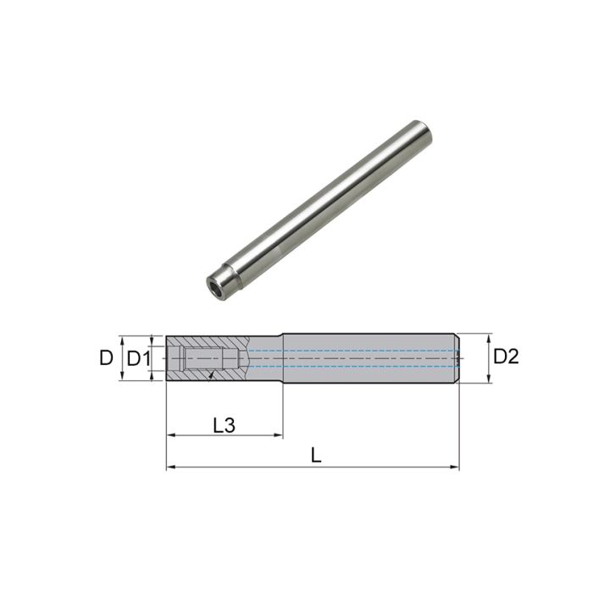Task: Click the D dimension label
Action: [106, 358]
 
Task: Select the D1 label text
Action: [138, 358]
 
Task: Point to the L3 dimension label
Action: [224, 425]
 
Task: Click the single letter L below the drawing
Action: [316, 456]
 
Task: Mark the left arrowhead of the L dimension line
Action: [169, 467]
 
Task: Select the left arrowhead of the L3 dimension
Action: [169, 436]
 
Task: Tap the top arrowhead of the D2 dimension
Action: [490, 336]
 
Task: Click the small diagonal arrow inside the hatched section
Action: [209, 374]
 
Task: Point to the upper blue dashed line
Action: [356, 350]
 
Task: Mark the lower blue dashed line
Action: [356, 366]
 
